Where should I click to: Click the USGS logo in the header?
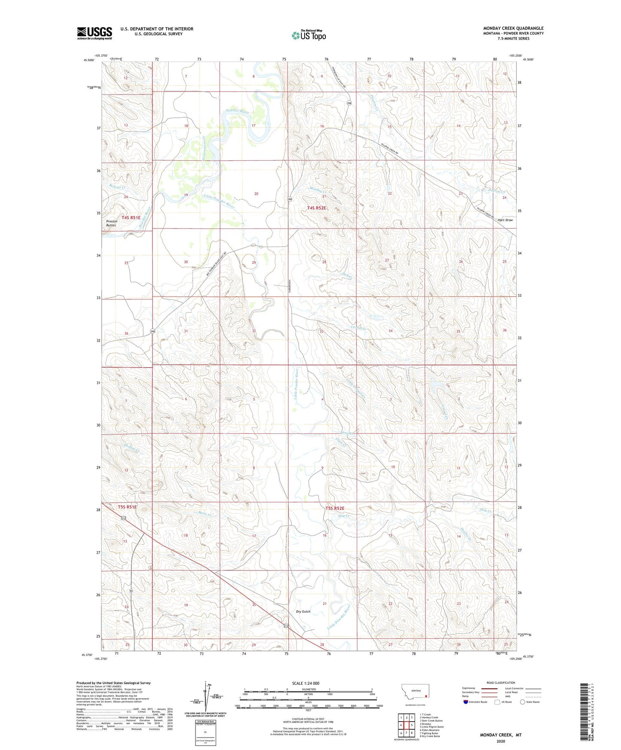coord(95,33)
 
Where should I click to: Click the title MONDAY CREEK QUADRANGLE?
coord(513,28)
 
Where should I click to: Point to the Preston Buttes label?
coord(111,223)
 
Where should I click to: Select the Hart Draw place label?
coord(505,220)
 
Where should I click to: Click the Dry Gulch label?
coord(303,611)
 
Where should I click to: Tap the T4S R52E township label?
coord(317,208)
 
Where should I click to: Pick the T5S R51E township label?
coord(127,507)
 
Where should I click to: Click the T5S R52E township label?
coord(335,508)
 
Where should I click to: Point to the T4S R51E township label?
coord(131,218)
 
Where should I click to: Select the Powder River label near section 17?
coord(237,112)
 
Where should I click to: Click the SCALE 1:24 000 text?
coord(306,683)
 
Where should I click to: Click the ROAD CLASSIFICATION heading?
coord(501,683)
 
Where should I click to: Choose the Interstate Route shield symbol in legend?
coord(466,702)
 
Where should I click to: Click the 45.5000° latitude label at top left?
coord(89,61)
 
